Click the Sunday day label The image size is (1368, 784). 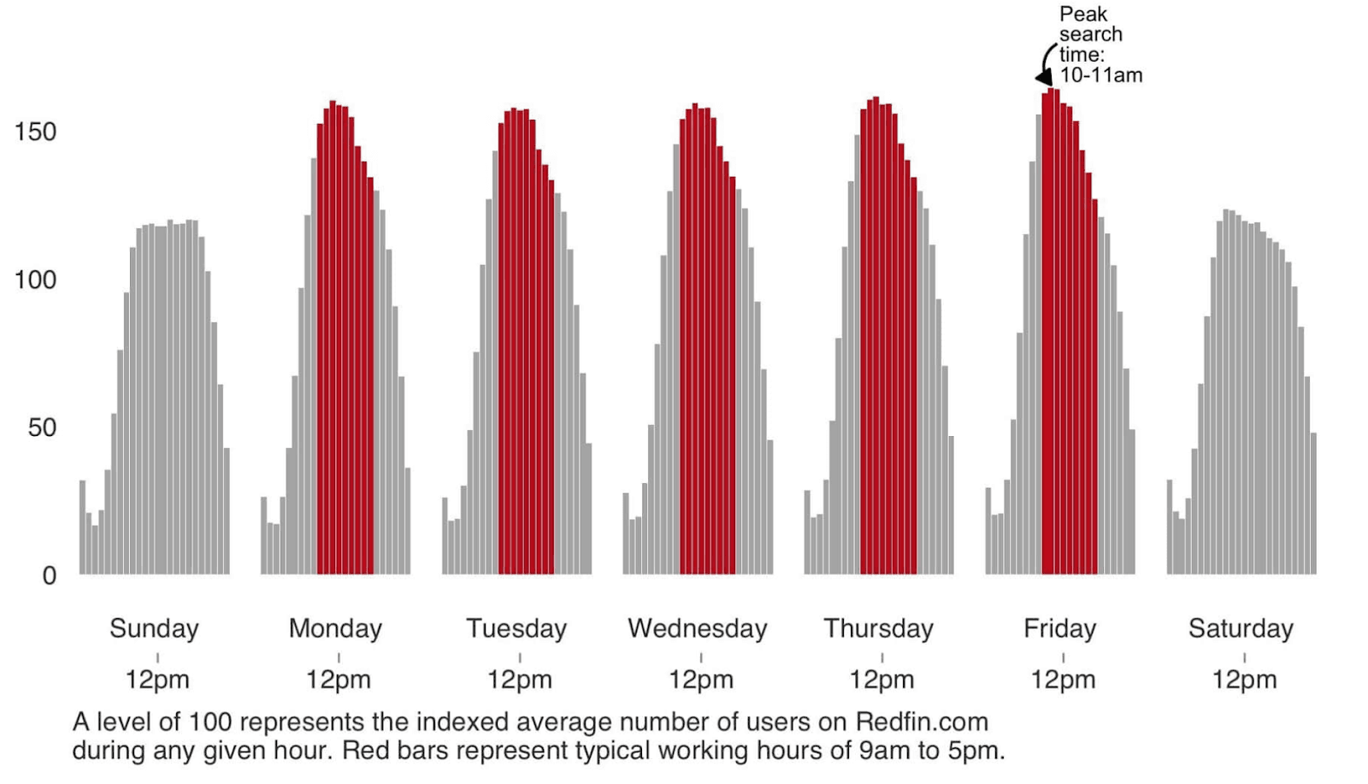(154, 628)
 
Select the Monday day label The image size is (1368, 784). (335, 628)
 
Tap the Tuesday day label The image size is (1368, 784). (516, 628)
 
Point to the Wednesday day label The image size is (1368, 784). (698, 628)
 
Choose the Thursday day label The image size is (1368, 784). (879, 628)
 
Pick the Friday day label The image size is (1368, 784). (1060, 628)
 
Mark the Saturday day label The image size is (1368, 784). (1241, 628)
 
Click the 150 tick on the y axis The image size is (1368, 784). (35, 132)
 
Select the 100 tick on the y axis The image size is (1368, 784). (35, 280)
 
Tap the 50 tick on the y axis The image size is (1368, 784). (42, 427)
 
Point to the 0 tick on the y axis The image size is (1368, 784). (50, 575)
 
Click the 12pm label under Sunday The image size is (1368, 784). (157, 680)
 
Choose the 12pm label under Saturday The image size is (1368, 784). (1244, 680)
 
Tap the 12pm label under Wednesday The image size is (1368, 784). (701, 680)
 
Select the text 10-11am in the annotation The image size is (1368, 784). (1101, 75)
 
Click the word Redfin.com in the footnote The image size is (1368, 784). (922, 722)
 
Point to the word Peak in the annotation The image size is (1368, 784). (1083, 14)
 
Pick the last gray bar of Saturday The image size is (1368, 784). (1313, 504)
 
